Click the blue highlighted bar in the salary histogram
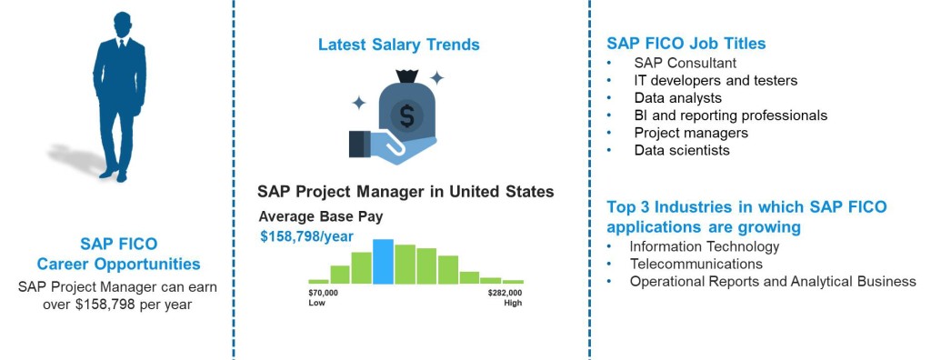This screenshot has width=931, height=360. click(383, 262)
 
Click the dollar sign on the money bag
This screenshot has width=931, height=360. click(406, 115)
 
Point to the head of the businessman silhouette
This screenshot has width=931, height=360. click(123, 25)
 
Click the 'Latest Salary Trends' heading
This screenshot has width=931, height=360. click(399, 45)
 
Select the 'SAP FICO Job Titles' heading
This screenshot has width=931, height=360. click(686, 44)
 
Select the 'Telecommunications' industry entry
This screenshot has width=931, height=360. click(696, 263)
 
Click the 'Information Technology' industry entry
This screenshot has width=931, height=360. click(705, 246)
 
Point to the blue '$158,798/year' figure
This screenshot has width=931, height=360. click(306, 236)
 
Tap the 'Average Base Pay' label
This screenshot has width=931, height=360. click(321, 217)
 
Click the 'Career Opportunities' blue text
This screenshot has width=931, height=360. click(119, 264)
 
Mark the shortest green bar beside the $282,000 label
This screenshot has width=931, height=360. click(513, 282)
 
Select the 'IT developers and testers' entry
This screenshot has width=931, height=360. click(716, 80)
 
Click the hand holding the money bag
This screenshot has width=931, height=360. click(392, 145)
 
